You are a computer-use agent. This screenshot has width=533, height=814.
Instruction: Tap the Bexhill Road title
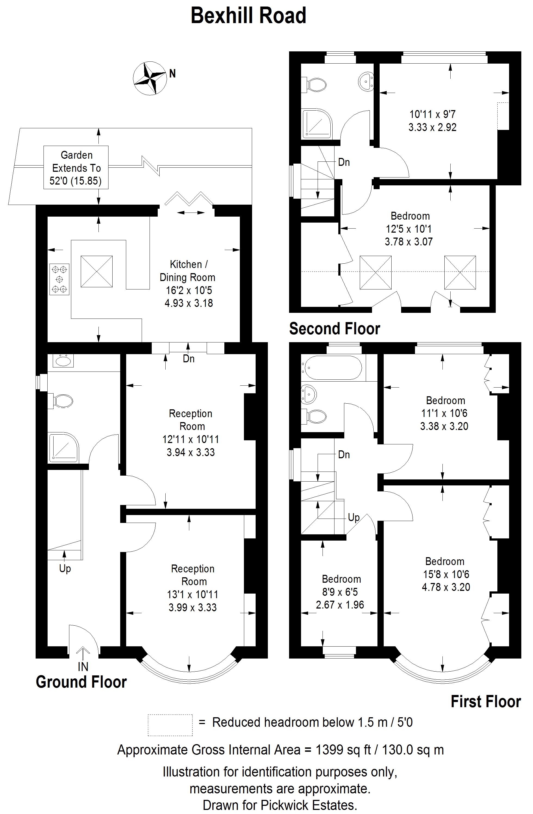point(248,16)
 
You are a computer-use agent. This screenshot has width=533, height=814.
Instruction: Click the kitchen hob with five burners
point(60,279)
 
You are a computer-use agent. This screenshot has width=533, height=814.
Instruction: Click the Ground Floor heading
point(81,682)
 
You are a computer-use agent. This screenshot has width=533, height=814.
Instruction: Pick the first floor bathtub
point(331,368)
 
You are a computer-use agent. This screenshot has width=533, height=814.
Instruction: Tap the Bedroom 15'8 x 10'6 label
point(445,574)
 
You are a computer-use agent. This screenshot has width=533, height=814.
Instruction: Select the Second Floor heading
point(334,329)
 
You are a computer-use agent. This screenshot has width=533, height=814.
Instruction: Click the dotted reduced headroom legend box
point(170,725)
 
